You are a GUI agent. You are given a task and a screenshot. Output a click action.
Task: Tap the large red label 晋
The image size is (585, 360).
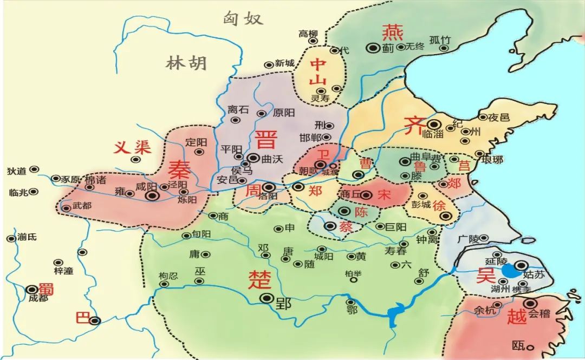(x=266, y=139)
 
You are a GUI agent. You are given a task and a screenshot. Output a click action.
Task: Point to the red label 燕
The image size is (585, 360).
(x=392, y=33)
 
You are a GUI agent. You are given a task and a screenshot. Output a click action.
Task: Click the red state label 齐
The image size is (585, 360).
(x=415, y=127)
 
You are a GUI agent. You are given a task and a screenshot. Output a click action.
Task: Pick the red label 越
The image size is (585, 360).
(x=517, y=316)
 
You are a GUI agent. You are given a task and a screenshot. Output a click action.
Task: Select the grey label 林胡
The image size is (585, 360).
(x=186, y=63)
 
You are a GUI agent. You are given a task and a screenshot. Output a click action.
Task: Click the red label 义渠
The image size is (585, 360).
(x=132, y=147)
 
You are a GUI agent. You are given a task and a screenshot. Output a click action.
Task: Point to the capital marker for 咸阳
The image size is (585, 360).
(x=153, y=196)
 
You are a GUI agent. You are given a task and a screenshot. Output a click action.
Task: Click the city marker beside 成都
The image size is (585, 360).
(x=32, y=289)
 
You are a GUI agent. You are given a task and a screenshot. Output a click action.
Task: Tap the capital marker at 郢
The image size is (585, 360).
(x=266, y=298)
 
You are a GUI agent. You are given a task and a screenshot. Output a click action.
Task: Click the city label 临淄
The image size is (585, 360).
(x=432, y=134)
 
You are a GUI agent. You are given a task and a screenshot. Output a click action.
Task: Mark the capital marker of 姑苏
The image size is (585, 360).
(x=521, y=265)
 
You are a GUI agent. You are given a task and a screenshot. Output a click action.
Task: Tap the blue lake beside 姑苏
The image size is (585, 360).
(x=509, y=270)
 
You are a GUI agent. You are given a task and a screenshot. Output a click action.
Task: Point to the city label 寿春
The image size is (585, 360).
(x=396, y=251)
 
